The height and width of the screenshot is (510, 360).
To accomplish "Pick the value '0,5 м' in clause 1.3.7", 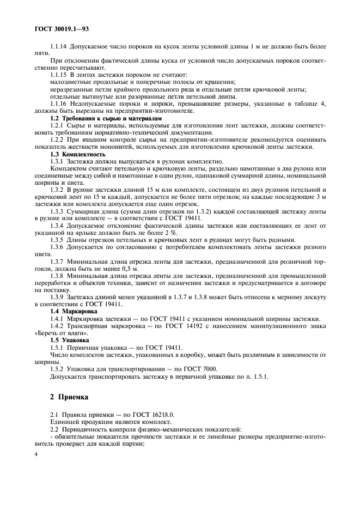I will tap(131, 269).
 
